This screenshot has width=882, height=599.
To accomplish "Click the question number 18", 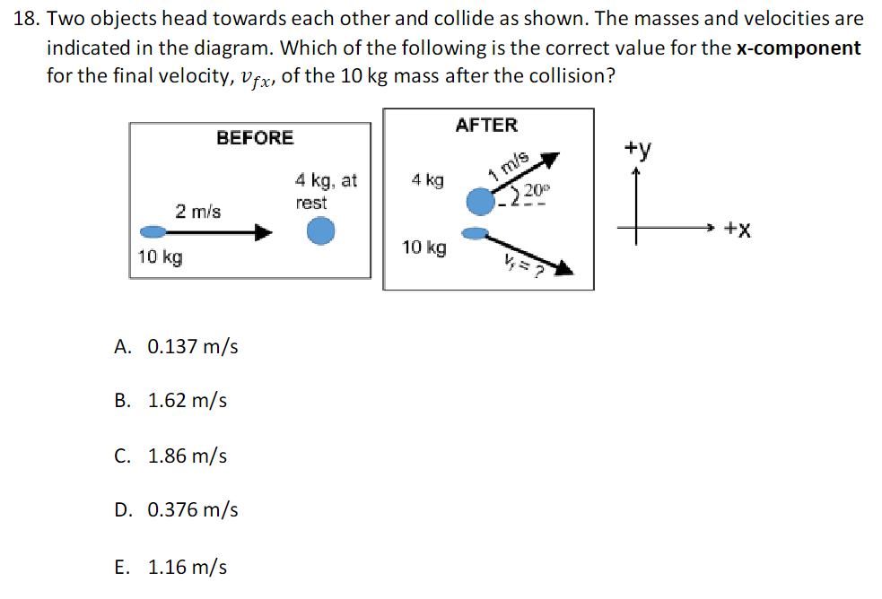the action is [x=27, y=19].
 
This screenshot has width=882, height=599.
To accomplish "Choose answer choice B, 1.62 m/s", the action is [x=170, y=401].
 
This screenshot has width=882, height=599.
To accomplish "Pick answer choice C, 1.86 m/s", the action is [x=170, y=456].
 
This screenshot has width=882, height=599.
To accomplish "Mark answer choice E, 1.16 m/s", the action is [x=170, y=567].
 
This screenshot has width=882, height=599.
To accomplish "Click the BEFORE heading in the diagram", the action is [x=255, y=137].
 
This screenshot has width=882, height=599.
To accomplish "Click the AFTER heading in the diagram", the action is [x=486, y=125].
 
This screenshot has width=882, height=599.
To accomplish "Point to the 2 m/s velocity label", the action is [x=198, y=212].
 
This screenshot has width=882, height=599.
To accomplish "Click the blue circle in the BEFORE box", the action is [x=320, y=232].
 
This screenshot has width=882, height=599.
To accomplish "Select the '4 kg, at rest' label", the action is [x=325, y=191].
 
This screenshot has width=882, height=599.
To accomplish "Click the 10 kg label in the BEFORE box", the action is [x=161, y=258].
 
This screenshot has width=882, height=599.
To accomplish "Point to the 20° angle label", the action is [x=535, y=190].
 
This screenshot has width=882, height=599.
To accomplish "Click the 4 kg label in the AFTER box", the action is [x=427, y=180].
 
